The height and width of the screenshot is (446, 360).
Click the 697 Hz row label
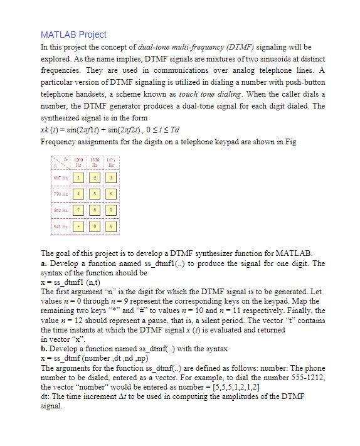tap(60, 178)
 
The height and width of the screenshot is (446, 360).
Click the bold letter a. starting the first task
tap(43, 263)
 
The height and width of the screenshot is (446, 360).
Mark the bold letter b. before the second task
tap(44, 349)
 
